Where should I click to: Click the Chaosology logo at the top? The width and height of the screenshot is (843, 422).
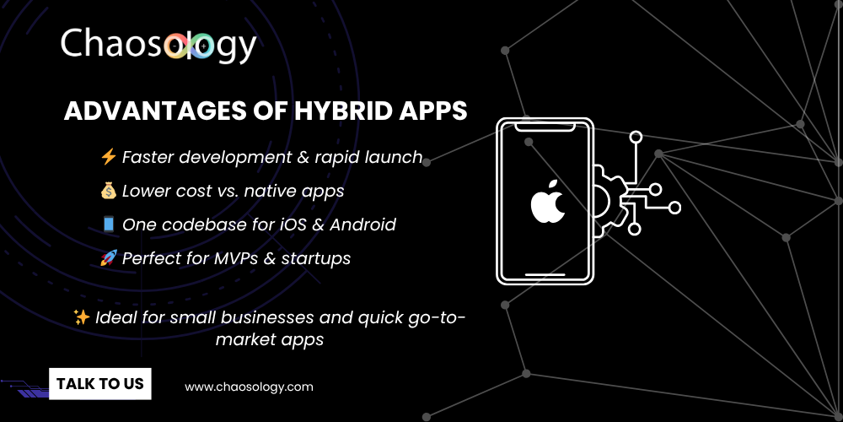click(158, 45)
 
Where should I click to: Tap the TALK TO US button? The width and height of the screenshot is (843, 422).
click(99, 383)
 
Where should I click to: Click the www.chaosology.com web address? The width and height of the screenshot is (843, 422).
click(249, 387)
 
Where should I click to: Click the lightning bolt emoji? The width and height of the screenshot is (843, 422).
click(108, 157)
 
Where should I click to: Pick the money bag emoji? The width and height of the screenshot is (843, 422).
click(108, 191)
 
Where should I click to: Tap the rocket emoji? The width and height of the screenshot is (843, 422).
click(108, 258)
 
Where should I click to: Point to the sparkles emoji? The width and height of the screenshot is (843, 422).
click(82, 317)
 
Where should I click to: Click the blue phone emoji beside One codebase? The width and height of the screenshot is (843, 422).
click(108, 225)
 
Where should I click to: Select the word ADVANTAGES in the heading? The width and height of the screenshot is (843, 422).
click(139, 112)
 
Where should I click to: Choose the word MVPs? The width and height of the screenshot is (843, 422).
click(241, 258)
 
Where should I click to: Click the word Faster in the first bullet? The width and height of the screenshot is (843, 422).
click(149, 157)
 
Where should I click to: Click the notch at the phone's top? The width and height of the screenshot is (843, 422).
click(545, 127)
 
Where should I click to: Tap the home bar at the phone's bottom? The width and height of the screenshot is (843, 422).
click(545, 274)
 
